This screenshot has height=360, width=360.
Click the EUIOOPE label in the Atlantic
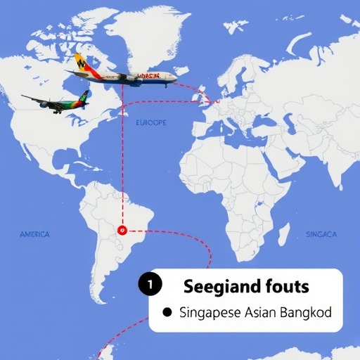pyautogui.click(x=150, y=122)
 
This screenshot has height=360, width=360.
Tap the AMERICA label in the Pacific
pyautogui.click(x=35, y=234)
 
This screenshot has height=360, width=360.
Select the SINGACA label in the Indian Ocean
pyautogui.click(x=323, y=233)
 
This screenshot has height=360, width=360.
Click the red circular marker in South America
pyautogui.click(x=122, y=229)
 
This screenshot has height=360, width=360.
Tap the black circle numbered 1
pyautogui.click(x=150, y=285)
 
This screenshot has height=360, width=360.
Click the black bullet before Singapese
pyautogui.click(x=167, y=311)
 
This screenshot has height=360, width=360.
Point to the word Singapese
pyautogui.click(x=209, y=311)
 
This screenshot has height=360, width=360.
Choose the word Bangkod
pyautogui.click(x=307, y=311)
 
